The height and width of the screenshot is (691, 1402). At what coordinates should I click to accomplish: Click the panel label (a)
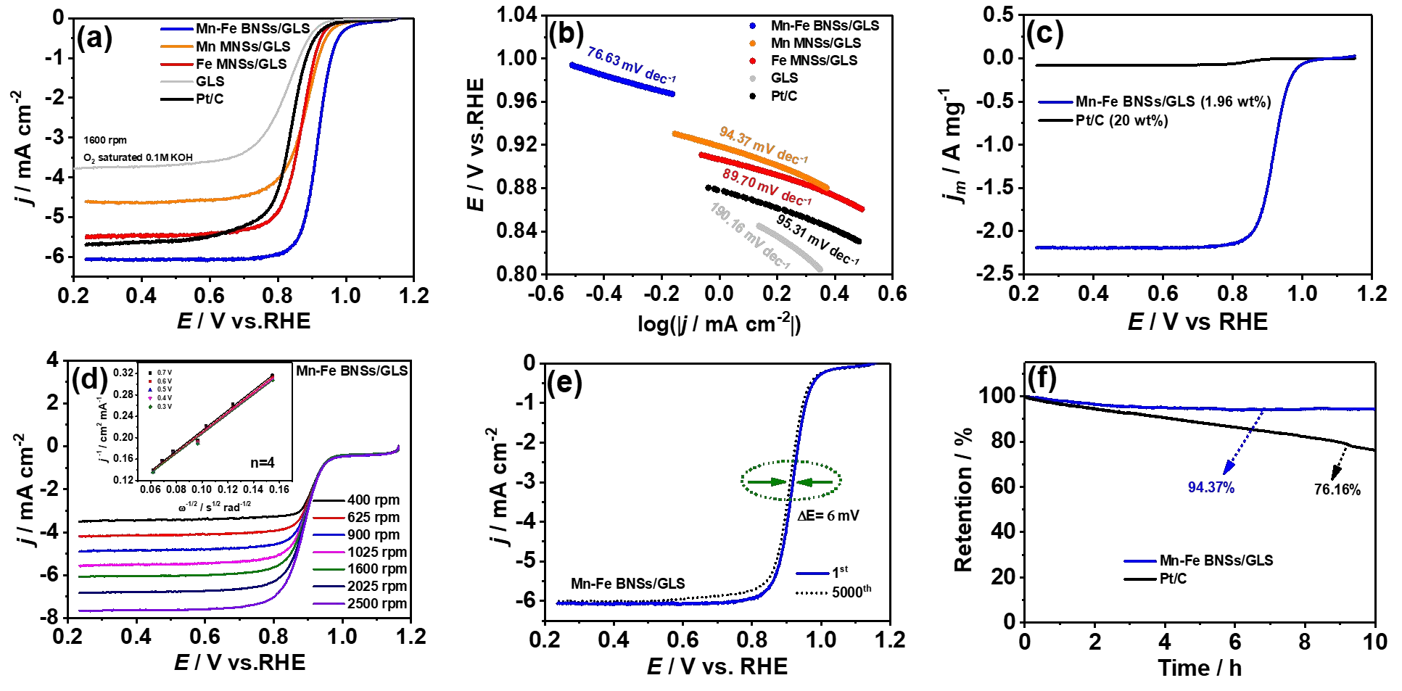tap(94, 38)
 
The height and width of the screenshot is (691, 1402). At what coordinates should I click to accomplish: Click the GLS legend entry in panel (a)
tap(210, 81)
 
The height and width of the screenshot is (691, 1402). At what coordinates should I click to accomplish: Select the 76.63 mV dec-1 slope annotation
tap(631, 65)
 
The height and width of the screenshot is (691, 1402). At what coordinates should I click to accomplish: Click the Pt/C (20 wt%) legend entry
tap(1121, 120)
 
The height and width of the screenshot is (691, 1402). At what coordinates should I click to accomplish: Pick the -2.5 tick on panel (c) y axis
tap(995, 273)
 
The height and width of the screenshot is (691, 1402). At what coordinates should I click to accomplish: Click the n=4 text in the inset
tap(263, 463)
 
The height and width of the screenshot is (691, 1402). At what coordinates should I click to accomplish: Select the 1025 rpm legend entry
tap(376, 552)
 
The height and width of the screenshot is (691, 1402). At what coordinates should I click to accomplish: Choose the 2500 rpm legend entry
tap(376, 603)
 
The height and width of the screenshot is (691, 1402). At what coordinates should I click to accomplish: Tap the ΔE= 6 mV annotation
tap(828, 516)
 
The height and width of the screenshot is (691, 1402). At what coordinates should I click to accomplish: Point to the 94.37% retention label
tap(1211, 487)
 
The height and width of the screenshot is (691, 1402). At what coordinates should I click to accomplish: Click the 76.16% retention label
tap(1337, 489)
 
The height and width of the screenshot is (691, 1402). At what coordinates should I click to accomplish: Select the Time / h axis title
tap(1200, 668)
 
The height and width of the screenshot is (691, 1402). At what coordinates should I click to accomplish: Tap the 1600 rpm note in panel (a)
tap(105, 140)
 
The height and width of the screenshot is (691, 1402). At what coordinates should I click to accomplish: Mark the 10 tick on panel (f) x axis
tap(1375, 642)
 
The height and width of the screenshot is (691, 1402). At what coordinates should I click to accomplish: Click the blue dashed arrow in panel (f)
tap(1243, 442)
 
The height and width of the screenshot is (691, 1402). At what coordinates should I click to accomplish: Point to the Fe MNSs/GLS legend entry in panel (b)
tap(814, 60)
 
